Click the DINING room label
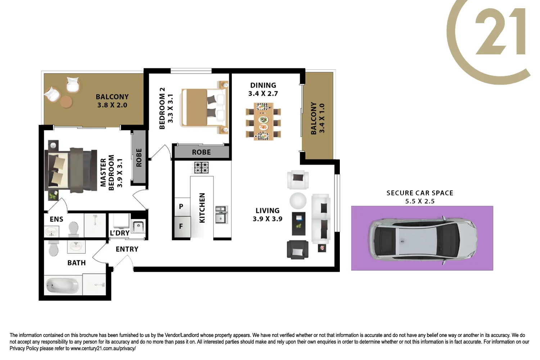[263, 86]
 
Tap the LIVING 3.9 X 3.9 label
[267, 215]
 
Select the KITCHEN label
[202, 208]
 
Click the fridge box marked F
[181, 226]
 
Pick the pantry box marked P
[181, 206]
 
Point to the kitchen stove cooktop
[201, 167]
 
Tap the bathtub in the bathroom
[62, 286]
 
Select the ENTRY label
[127, 249]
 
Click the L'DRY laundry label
[120, 233]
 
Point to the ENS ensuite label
[57, 219]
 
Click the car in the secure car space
[423, 238]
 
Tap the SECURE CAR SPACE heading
[420, 193]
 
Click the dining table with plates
[263, 121]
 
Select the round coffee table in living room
[298, 201]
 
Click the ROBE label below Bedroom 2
[201, 152]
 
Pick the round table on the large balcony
[66, 102]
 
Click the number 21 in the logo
[500, 32]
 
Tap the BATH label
[77, 263]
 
